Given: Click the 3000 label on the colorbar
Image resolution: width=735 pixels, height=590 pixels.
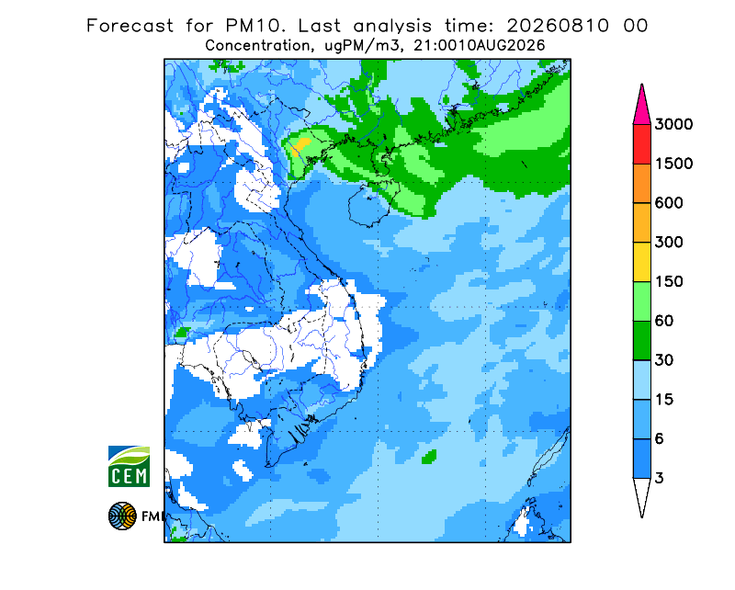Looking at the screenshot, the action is tap(673, 124).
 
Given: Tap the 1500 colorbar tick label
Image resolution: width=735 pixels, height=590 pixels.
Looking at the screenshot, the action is tap(673, 164).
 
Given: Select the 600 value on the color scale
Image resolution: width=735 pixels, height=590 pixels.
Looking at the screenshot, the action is tap(669, 203).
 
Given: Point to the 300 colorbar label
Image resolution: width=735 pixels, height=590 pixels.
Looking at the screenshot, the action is tap(669, 243).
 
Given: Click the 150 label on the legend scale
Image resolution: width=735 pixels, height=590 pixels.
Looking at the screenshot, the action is tap(669, 282).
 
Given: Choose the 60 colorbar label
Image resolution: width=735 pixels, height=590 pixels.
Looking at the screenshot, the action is tap(664, 321).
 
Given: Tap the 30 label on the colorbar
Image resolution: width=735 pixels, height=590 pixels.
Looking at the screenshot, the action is tap(664, 360).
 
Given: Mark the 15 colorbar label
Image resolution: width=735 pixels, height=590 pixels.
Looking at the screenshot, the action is tap(664, 400).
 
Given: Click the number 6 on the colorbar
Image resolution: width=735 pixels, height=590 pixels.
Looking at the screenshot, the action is tap(660, 439).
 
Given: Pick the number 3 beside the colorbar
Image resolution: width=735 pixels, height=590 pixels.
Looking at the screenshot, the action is tap(660, 479).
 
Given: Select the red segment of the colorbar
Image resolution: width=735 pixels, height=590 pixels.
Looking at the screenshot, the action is tap(641, 144).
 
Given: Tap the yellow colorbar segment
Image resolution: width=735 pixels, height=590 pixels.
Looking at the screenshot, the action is tap(641, 262).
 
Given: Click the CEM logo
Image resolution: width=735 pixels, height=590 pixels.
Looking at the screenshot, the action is tap(129, 466).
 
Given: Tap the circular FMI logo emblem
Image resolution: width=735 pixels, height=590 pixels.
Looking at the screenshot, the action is tap(122, 516).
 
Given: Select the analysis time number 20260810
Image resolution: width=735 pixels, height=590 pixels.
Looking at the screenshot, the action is tap(558, 26).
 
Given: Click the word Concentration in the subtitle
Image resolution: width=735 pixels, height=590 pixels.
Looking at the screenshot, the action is tap(257, 46).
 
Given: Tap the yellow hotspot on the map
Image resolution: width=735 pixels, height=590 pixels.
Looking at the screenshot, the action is tap(300, 145).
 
